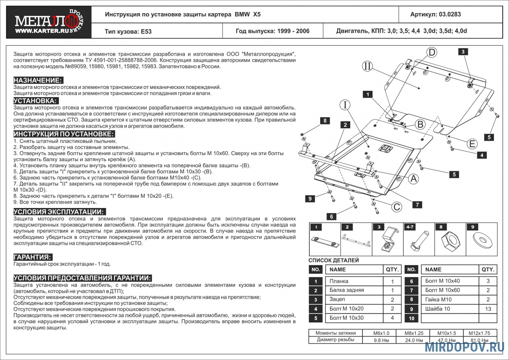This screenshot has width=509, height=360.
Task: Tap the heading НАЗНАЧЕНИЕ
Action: click(38, 80)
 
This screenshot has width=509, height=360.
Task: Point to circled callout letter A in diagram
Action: click(413, 178)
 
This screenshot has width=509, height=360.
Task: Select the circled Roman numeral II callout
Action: click(367, 66)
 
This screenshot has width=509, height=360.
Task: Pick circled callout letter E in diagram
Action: click(472, 144)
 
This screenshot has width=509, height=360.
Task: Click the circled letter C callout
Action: click(396, 207)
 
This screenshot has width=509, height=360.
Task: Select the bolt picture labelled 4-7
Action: click(419, 242)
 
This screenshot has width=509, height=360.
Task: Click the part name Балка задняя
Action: click(347, 290)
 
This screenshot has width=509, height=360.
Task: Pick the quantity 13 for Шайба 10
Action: click(488, 309)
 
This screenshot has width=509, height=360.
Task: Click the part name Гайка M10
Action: click(438, 300)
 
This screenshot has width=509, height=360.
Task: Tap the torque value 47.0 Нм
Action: click(446, 340)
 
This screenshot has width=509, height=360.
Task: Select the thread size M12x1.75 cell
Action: click(479, 333)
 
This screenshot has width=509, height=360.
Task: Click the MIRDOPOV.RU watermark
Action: click(464, 347)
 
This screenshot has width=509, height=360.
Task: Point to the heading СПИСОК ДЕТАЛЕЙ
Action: click(334, 260)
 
